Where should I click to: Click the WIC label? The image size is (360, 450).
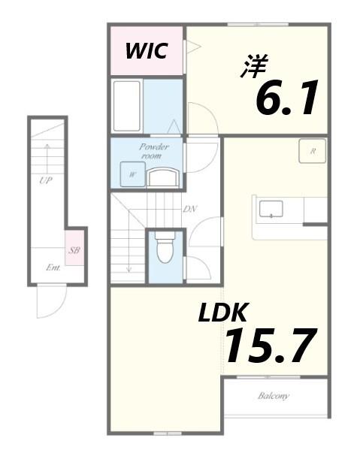146,51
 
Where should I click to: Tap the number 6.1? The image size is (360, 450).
287,98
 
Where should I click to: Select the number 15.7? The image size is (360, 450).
268,346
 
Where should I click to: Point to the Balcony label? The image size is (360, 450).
274,396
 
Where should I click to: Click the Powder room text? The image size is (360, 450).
153,150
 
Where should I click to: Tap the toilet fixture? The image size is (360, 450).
165,249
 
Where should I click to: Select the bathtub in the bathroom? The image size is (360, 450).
126,106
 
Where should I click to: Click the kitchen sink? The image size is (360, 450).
270,208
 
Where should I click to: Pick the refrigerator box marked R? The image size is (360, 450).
312,151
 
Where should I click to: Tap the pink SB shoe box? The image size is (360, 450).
74,250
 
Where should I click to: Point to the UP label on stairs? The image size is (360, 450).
45,180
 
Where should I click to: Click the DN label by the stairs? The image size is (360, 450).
189,208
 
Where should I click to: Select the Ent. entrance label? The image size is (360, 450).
53,267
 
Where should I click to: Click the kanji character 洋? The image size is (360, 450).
254,66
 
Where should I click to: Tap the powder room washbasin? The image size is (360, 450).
163,177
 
